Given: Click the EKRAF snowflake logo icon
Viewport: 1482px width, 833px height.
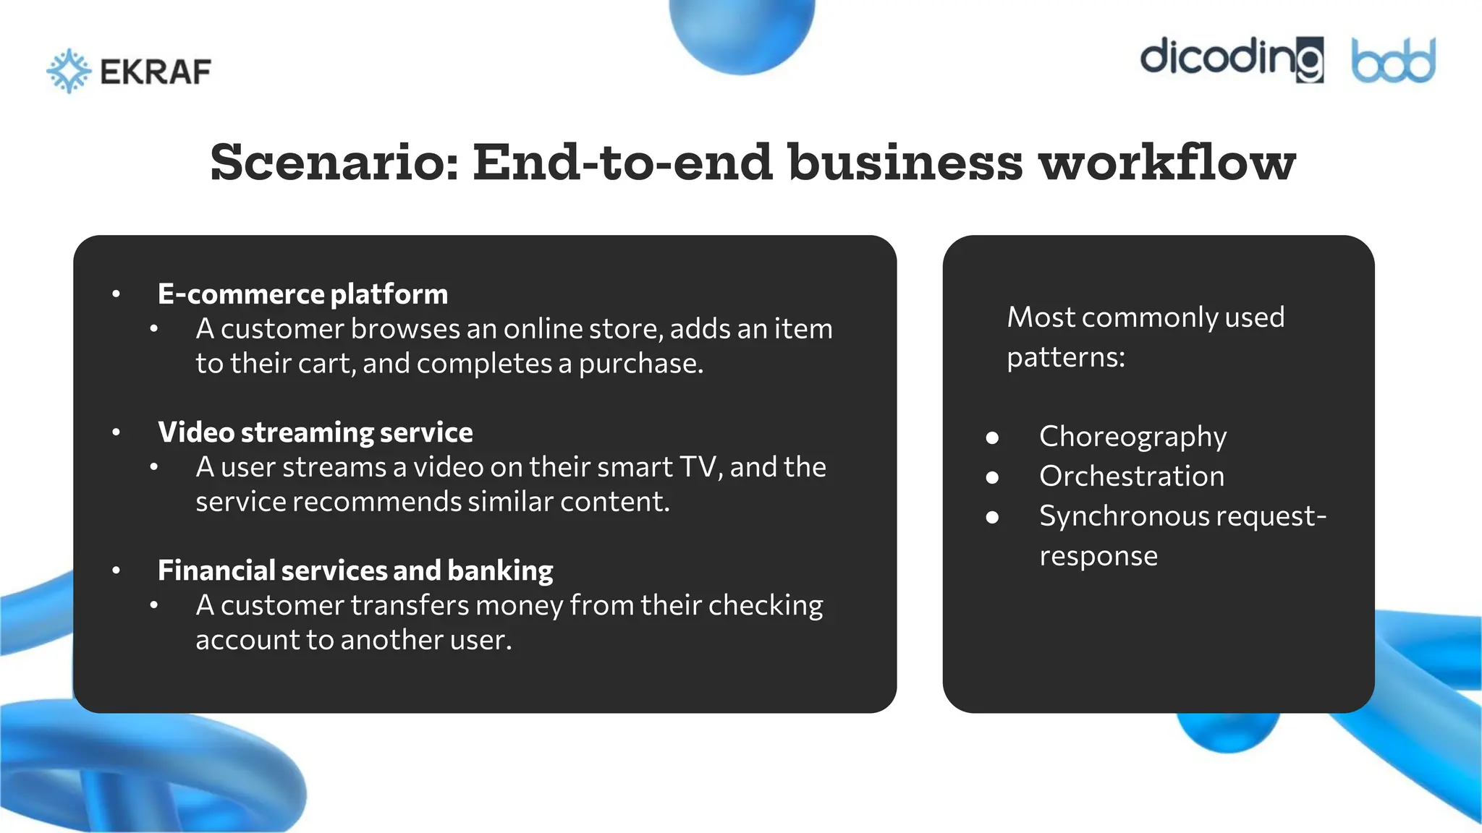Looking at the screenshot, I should pos(69,71).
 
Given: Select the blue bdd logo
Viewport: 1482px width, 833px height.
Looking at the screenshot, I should pos(1393,61).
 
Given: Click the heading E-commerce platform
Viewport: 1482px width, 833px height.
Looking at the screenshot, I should pos(302,294).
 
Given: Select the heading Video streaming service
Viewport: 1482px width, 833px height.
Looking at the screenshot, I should pos(315,432).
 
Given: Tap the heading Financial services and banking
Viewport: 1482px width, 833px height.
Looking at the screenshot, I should pos(355,571).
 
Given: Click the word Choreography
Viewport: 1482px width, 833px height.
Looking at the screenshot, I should pos(1132,437).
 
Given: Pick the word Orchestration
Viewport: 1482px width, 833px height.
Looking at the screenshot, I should pos(1132,477).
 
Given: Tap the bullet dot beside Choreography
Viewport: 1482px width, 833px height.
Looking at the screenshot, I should pos(992,437).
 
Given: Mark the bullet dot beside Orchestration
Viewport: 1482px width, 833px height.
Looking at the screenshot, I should pos(992,477).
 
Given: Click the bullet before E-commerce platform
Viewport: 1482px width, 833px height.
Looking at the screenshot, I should pos(117,294).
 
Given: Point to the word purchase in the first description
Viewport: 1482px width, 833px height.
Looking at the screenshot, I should pos(640,364).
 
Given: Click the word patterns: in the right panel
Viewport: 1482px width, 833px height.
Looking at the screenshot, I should pos(1065,357).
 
